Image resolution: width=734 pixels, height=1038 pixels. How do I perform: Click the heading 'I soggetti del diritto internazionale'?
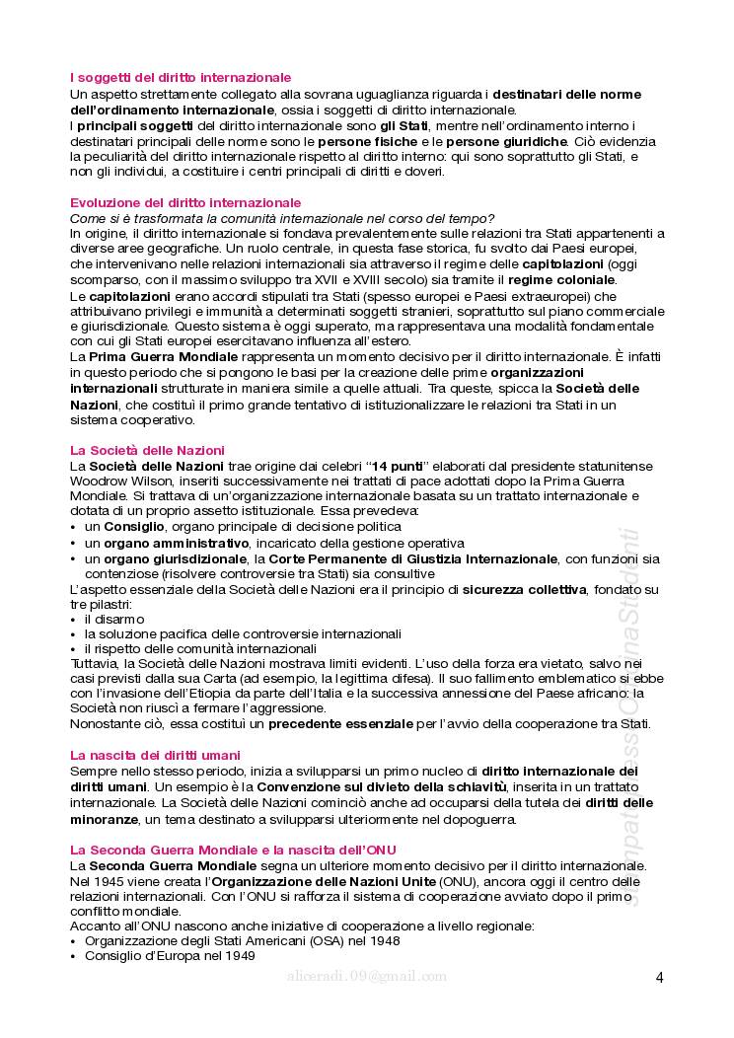181,76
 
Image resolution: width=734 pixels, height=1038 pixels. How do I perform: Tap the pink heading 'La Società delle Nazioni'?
148,449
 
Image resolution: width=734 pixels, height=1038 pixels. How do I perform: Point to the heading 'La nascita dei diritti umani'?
155,755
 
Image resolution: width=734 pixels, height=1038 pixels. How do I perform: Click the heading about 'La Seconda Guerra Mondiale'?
233,850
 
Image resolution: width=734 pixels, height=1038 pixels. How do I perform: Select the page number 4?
659,978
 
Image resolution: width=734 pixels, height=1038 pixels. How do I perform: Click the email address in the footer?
366,977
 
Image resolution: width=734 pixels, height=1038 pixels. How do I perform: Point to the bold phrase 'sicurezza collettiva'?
525,589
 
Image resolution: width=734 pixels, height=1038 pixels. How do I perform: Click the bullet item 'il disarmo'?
114,619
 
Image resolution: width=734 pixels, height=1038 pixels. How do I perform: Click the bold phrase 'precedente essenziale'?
344,723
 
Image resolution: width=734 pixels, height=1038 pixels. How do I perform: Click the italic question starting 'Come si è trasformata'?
282,217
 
